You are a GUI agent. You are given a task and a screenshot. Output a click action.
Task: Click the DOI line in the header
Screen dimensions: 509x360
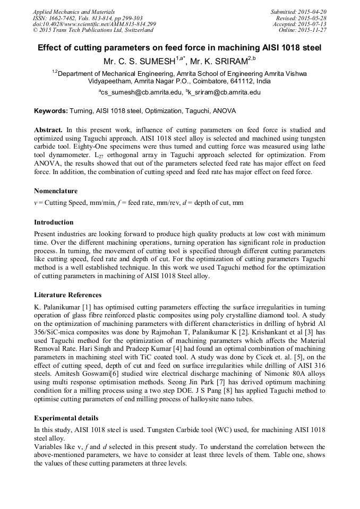[x=94, y=24]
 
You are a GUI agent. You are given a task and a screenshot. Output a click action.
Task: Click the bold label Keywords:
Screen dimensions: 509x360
[x=51, y=111]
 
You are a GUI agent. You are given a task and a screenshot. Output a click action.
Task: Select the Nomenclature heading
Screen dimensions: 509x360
[x=56, y=191]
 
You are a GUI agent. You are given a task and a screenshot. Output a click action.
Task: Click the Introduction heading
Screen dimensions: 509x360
[x=54, y=222]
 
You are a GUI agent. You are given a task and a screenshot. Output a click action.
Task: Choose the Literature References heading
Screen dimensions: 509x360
[x=68, y=295]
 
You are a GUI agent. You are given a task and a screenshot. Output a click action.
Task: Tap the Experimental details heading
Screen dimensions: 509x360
[x=66, y=418]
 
